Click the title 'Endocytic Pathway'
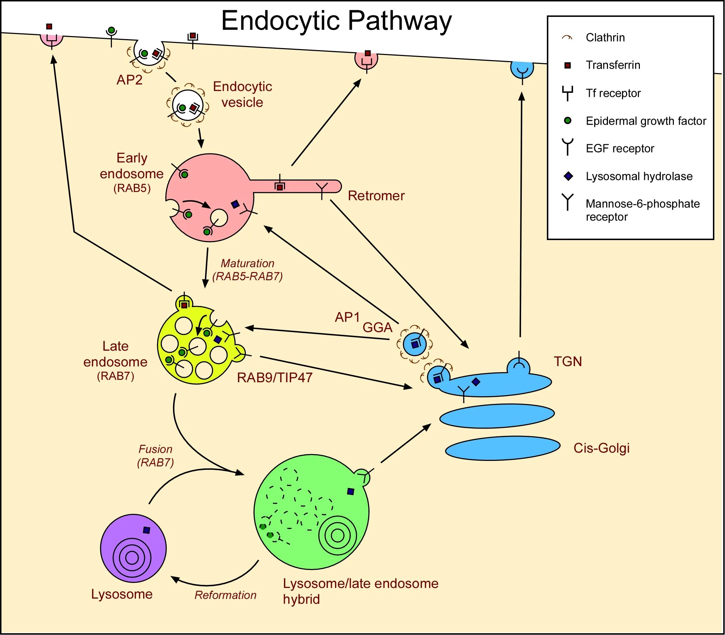pos(336,21)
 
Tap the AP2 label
pos(129,80)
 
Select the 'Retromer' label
pos(376,196)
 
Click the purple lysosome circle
pos(133,548)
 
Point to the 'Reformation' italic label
pos(225,595)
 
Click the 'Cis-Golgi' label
pos(601,448)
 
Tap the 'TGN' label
pos(568,361)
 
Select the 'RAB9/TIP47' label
pos(275,378)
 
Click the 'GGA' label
pos(378,327)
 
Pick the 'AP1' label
pos(347,317)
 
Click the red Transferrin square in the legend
pos(567,66)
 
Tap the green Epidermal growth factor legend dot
pos(567,121)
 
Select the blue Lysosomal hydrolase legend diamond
pos(568,176)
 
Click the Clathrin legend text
pos(605,37)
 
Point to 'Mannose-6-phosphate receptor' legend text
pos(643,210)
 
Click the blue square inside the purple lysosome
pos(146,530)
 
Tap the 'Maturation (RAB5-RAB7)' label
pos(248,270)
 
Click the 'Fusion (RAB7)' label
pos(156,456)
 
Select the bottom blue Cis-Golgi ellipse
pos(502,448)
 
